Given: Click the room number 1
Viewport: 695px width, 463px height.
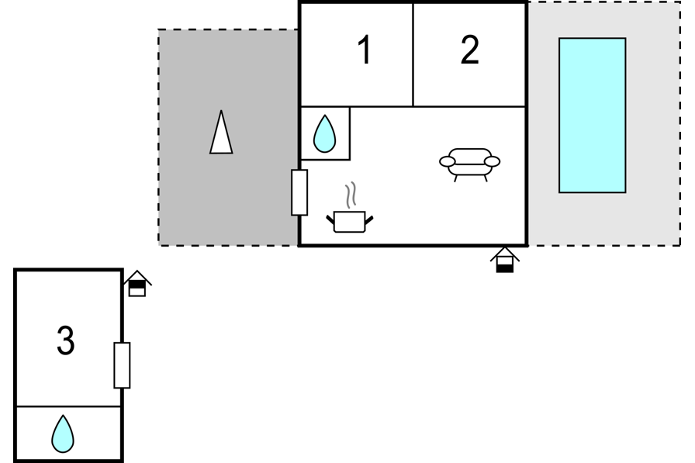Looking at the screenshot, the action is tap(364, 50).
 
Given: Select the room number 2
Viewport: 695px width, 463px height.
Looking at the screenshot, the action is tap(470, 50).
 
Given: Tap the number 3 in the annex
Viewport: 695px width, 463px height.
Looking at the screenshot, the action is tap(66, 340).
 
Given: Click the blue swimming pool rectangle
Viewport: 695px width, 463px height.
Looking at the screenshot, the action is tap(592, 116).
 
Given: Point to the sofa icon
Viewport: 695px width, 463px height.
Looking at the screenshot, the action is tap(470, 164).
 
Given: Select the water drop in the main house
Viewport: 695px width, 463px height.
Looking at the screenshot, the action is tap(324, 134).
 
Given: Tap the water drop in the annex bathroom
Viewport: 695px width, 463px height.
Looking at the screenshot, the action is tap(63, 434).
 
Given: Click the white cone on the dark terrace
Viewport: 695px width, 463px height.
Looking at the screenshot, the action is tap(221, 132).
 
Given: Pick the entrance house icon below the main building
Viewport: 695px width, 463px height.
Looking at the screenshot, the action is tap(504, 260).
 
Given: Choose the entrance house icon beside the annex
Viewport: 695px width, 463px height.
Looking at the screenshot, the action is tap(137, 284).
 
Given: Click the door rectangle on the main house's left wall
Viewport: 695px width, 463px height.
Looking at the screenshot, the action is tap(299, 193).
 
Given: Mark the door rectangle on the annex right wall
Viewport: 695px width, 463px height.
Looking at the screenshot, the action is tap(122, 365).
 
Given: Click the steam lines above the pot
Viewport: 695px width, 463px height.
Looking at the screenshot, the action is tap(351, 195).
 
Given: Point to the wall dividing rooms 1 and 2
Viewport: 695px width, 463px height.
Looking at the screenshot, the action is tap(413, 55).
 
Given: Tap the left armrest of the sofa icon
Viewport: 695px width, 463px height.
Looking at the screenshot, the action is tap(448, 162).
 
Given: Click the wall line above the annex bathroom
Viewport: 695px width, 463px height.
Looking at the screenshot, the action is tap(69, 406).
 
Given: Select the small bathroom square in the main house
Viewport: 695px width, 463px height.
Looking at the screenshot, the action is tap(325, 133).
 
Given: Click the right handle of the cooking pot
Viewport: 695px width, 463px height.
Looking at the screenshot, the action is tap(368, 220).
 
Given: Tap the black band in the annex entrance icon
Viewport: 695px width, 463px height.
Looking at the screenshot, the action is tap(137, 285).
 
